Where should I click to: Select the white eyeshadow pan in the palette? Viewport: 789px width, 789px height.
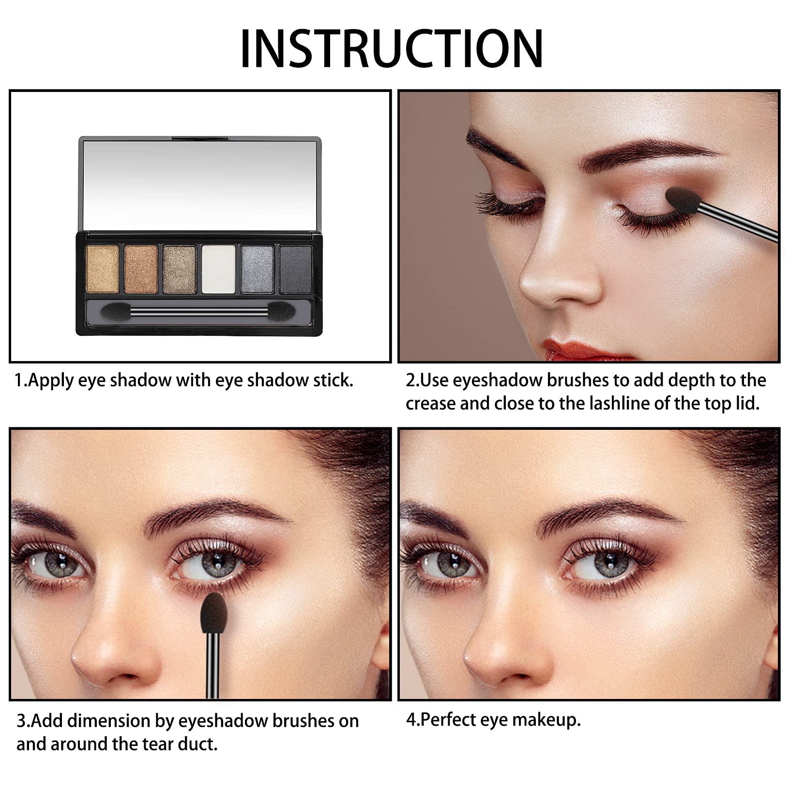coord(218,269)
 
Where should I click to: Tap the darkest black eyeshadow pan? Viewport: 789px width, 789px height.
coord(296,269)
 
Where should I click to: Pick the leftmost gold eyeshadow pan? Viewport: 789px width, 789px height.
coord(102,269)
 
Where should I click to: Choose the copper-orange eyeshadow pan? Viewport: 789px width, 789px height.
coord(141,269)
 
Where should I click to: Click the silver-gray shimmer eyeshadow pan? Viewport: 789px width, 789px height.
coord(257,269)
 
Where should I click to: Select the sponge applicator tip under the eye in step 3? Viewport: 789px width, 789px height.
coord(212,613)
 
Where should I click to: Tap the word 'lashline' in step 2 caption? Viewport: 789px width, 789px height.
coord(612,404)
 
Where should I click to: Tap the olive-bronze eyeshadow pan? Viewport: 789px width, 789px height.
coord(180,269)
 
